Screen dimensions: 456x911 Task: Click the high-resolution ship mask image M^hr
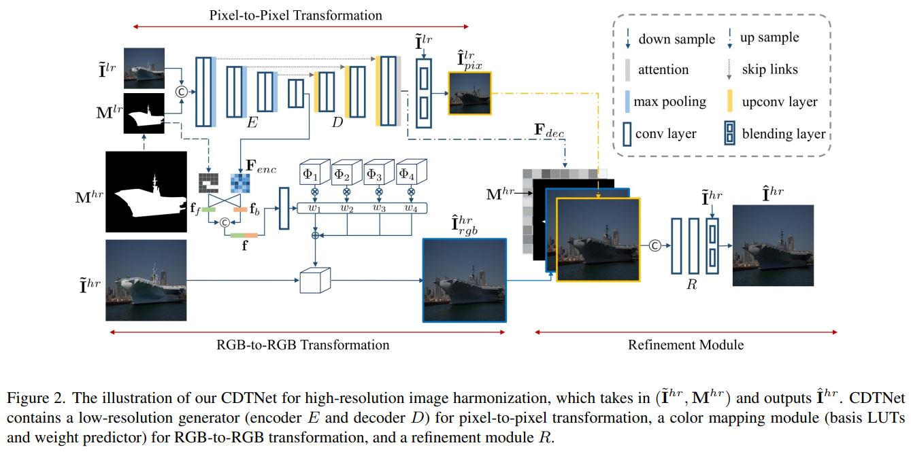click(146, 192)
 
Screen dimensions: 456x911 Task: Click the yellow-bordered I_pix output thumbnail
click(469, 93)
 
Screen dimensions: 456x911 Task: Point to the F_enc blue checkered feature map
click(239, 181)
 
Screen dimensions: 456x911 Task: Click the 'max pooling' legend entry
click(669, 102)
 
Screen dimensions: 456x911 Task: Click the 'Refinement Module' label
click(686, 345)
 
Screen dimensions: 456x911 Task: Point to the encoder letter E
click(252, 123)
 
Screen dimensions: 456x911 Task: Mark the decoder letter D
click(337, 124)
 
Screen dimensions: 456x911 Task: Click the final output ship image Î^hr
click(772, 245)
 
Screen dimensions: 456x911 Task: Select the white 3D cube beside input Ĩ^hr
click(314, 280)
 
